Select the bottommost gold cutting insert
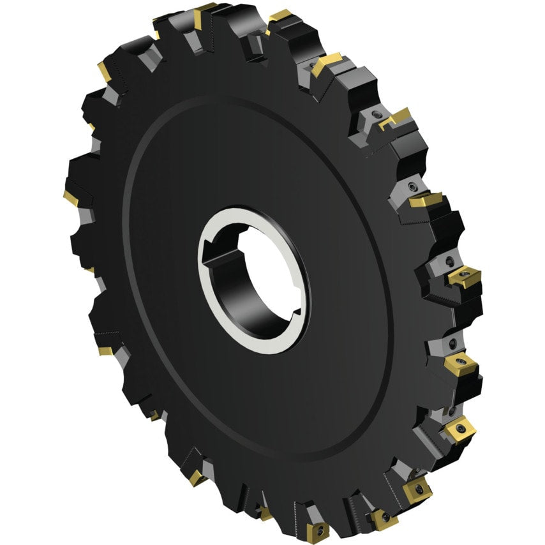click(x=317, y=529)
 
